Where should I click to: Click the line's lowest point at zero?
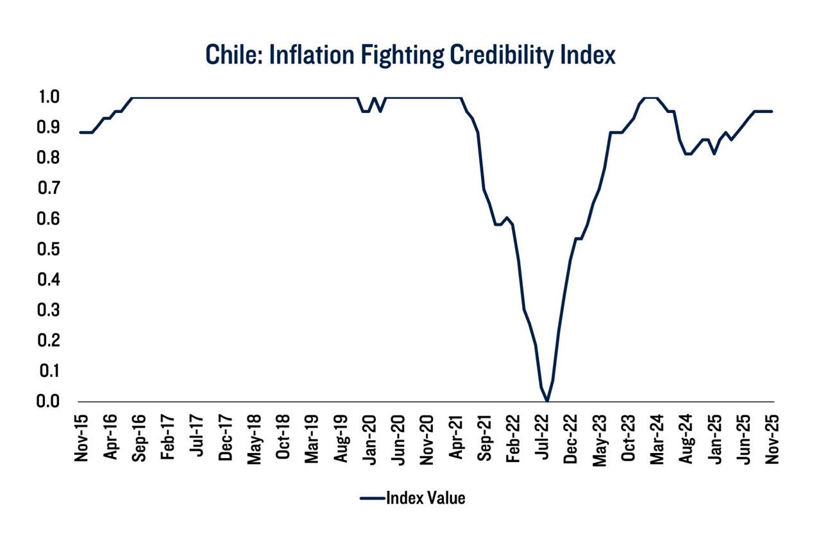pyautogui.click(x=546, y=401)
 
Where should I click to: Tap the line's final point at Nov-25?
pyautogui.click(x=772, y=111)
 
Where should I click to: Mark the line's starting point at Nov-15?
pyautogui.click(x=81, y=132)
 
